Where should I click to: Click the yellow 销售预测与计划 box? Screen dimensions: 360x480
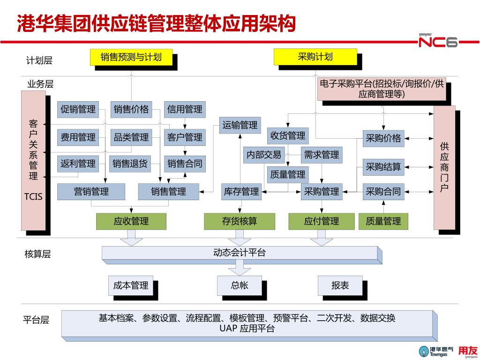coord(131,57)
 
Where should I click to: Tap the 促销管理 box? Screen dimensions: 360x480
coord(78,110)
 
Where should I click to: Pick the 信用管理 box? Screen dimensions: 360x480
coord(185,110)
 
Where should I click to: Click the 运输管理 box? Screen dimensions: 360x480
coord(240,125)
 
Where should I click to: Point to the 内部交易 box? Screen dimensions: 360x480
coord(264,155)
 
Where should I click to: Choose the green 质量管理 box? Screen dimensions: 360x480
coord(383,221)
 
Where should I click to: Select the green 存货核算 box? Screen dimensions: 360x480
coord(240,221)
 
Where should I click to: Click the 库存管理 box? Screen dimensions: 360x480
coord(241,191)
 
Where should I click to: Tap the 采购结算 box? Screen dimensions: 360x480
coord(383,167)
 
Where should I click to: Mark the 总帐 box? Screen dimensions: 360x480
coord(240,285)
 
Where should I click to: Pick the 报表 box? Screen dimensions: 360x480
coord(340,285)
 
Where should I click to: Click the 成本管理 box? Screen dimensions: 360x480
coord(131,285)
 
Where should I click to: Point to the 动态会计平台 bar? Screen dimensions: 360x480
coord(240,253)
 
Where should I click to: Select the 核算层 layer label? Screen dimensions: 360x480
coord(37,255)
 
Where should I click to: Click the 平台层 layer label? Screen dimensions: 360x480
coord(36,320)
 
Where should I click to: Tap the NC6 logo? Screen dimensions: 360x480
coord(438,42)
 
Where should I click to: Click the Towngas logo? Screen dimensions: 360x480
coord(436,351)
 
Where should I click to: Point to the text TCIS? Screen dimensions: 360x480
coord(33,196)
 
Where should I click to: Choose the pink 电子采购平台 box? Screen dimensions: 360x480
coord(381,89)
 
